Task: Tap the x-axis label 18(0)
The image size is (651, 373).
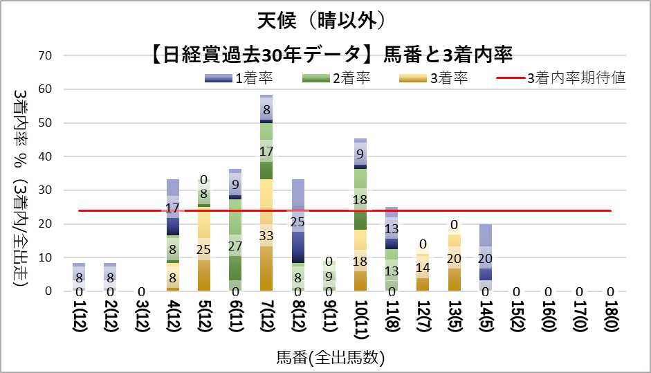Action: pos(611,322)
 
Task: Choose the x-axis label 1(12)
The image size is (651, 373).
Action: pos(79,322)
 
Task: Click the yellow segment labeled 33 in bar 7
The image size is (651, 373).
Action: pos(266,235)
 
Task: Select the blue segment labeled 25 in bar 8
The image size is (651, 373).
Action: pos(298,221)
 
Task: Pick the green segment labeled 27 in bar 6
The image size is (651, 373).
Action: pos(235,246)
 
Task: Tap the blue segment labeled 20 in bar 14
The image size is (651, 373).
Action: pos(486,258)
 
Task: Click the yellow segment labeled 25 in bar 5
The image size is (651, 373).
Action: pos(204,249)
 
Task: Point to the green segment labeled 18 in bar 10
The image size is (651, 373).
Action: pos(360,199)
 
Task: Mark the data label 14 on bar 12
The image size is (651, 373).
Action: pos(423,268)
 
